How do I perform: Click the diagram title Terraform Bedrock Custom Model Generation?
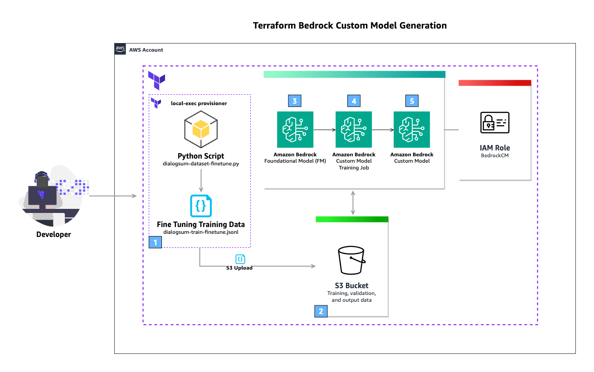[350, 25]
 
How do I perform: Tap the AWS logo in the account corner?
[120, 49]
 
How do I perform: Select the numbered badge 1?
[156, 242]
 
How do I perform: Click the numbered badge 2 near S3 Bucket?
[321, 311]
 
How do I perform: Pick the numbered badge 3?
[294, 101]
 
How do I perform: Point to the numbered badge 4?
[354, 101]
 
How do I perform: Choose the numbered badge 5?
[412, 101]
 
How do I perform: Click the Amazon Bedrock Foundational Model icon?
[295, 130]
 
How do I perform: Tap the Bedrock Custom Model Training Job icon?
[354, 130]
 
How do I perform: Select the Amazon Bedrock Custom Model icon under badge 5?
[412, 130]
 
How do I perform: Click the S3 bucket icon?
[351, 260]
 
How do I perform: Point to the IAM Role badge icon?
[495, 122]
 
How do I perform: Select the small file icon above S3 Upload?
[240, 259]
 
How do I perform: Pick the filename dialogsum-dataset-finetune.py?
[201, 164]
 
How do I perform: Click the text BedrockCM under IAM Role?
[495, 155]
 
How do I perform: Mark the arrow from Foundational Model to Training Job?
[324, 130]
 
